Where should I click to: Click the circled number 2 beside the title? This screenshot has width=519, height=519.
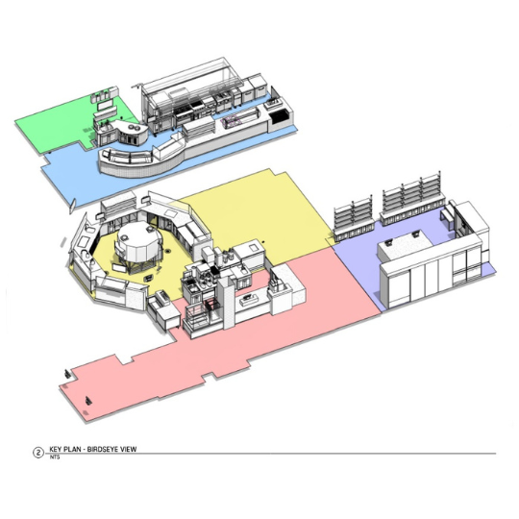coord(38,452)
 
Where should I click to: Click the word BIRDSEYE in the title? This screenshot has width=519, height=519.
coord(104,449)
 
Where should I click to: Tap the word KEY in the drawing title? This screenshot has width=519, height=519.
coord(56,449)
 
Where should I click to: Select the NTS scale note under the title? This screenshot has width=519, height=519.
coord(55,457)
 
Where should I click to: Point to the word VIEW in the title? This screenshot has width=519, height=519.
coord(129,449)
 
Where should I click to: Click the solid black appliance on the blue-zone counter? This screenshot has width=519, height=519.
coord(278,116)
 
